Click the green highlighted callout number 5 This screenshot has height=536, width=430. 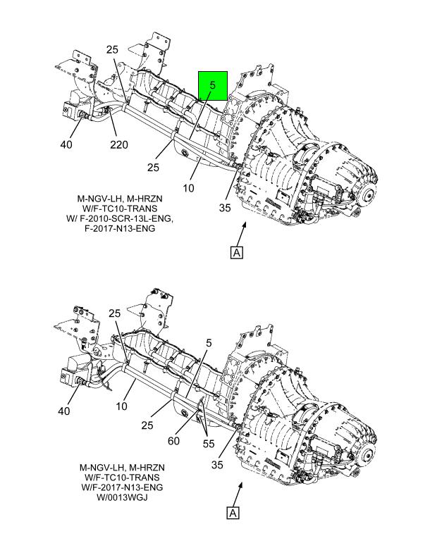pyautogui.click(x=213, y=85)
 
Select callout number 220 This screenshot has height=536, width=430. pyautogui.click(x=118, y=144)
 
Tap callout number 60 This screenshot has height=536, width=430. pyautogui.click(x=173, y=441)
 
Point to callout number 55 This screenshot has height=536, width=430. pyautogui.click(x=209, y=444)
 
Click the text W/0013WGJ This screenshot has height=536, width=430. pyautogui.click(x=122, y=497)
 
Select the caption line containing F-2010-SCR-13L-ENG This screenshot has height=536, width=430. pyautogui.click(x=120, y=218)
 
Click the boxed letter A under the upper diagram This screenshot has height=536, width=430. pyautogui.click(x=237, y=253)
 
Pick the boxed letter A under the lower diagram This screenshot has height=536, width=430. pyautogui.click(x=233, y=513)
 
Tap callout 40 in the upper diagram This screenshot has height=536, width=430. pyautogui.click(x=66, y=144)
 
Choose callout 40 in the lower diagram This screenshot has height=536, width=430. pyautogui.click(x=64, y=411)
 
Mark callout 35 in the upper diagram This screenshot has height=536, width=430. pyautogui.click(x=225, y=208)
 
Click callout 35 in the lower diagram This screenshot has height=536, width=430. pyautogui.click(x=217, y=465)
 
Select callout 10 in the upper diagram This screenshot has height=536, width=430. pyautogui.click(x=188, y=187)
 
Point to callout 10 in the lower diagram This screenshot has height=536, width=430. pyautogui.click(x=121, y=406)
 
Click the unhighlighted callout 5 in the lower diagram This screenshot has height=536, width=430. pyautogui.click(x=209, y=343)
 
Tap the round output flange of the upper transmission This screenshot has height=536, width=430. pyautogui.click(x=369, y=196)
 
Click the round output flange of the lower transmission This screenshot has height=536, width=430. pyautogui.click(x=368, y=454)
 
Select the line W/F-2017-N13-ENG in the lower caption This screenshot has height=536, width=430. pyautogui.click(x=122, y=487)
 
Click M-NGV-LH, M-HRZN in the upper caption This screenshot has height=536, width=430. pyautogui.click(x=120, y=198)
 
